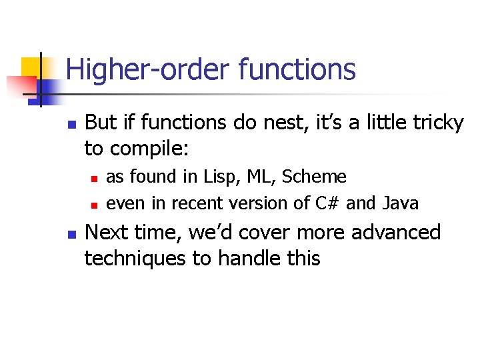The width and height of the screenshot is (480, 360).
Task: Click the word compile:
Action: pos(150,149)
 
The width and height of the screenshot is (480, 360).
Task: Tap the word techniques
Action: pos(135,258)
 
